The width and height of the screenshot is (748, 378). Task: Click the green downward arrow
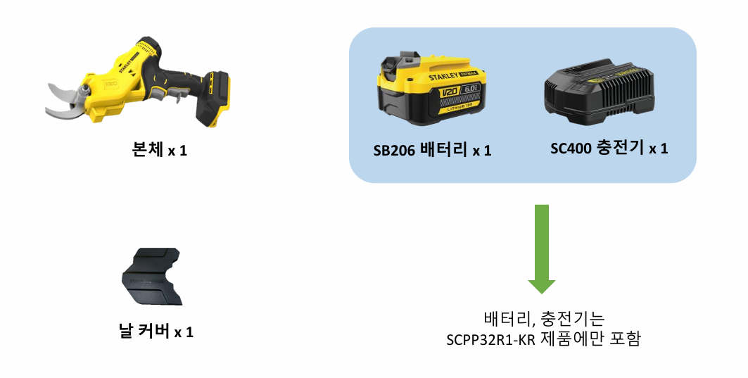[x=541, y=248]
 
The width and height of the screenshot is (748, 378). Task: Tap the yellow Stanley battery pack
[x=430, y=90]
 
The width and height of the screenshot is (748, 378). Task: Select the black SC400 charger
[x=599, y=93]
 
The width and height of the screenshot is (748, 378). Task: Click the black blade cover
[x=152, y=277]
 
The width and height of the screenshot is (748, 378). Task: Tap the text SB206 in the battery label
[x=395, y=151]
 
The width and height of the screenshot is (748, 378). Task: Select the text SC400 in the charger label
[x=571, y=149]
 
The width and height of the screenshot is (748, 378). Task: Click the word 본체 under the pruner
[x=147, y=150]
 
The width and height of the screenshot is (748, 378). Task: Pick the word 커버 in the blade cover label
[x=153, y=331]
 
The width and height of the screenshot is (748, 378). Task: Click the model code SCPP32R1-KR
[x=491, y=339]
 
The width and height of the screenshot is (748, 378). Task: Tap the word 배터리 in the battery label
[x=443, y=150]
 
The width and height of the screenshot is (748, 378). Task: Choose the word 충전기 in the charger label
[x=620, y=148]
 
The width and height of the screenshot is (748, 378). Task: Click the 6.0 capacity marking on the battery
[x=470, y=89]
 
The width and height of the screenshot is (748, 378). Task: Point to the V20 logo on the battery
[x=449, y=92]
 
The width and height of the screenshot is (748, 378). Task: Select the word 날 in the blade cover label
[x=125, y=331]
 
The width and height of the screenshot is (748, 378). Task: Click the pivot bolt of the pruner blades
[x=85, y=89]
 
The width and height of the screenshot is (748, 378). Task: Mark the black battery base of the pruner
[x=213, y=99]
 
